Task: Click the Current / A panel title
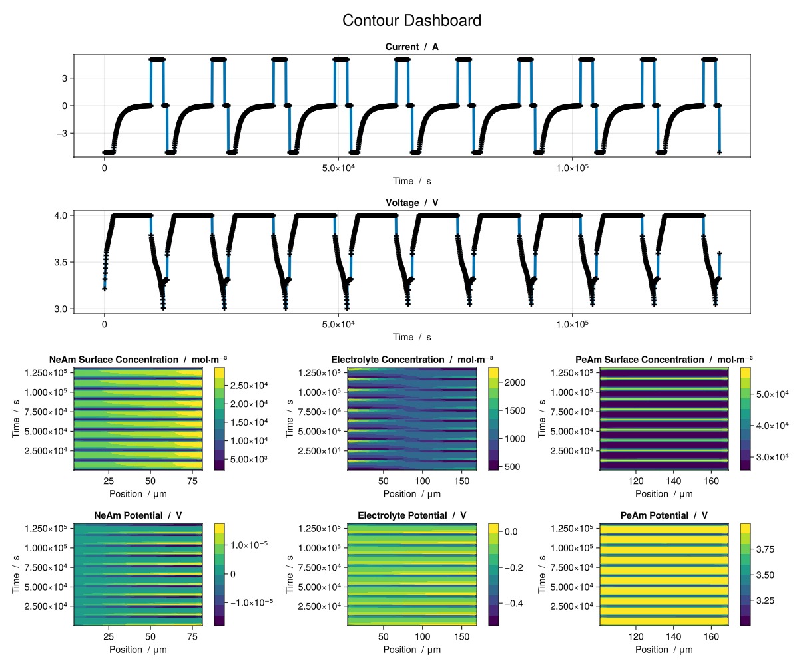coord(411,47)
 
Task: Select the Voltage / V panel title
coord(411,203)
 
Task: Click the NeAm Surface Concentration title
coord(138,360)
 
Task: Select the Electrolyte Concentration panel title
coord(411,360)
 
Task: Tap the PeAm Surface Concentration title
coord(664,360)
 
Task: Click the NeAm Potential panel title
coord(138,515)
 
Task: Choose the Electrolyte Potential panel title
coord(411,515)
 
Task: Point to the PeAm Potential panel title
coord(664,515)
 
